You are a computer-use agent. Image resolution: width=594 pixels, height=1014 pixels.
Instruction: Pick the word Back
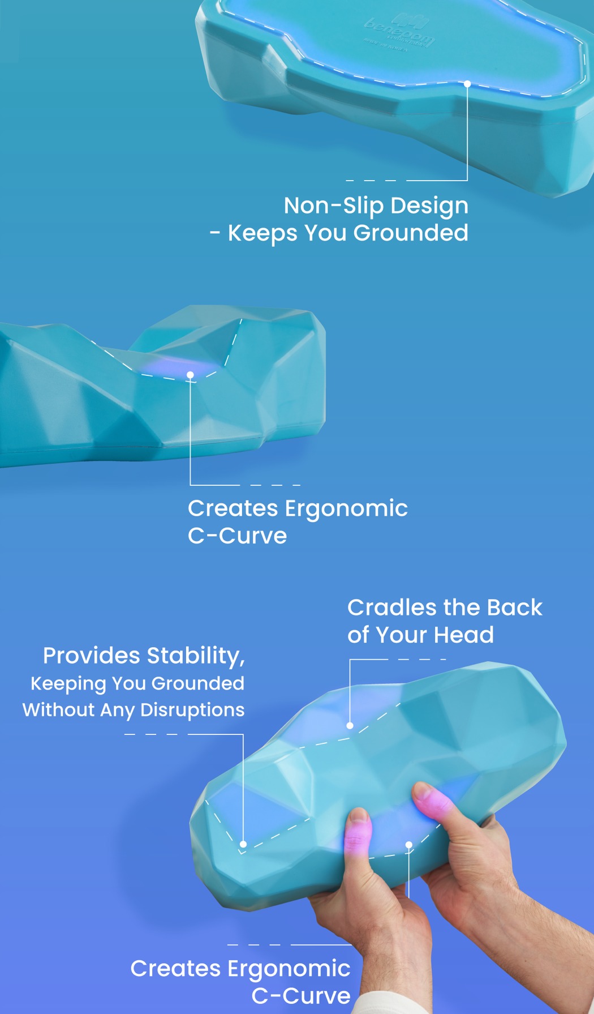pos(514,607)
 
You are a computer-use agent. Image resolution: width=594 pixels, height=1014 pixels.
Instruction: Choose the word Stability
pos(195,656)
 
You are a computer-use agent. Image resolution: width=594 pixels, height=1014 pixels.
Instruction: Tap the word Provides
pos(91,656)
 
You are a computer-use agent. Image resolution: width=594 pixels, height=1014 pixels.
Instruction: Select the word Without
pos(58,710)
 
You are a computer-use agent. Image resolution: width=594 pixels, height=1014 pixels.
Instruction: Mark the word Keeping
pos(68,683)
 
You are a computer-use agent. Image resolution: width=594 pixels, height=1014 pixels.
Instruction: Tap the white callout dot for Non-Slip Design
pos(467,84)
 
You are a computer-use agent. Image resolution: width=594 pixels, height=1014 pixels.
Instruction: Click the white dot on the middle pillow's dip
pos(190,375)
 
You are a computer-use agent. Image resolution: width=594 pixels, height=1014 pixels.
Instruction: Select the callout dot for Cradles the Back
pos(350,725)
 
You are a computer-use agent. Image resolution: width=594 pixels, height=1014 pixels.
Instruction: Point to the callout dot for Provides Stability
pos(243,844)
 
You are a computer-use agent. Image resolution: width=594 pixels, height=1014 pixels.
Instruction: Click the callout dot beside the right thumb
pos(408,845)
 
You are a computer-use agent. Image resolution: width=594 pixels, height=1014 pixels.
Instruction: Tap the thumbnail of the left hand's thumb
pos(358,817)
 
